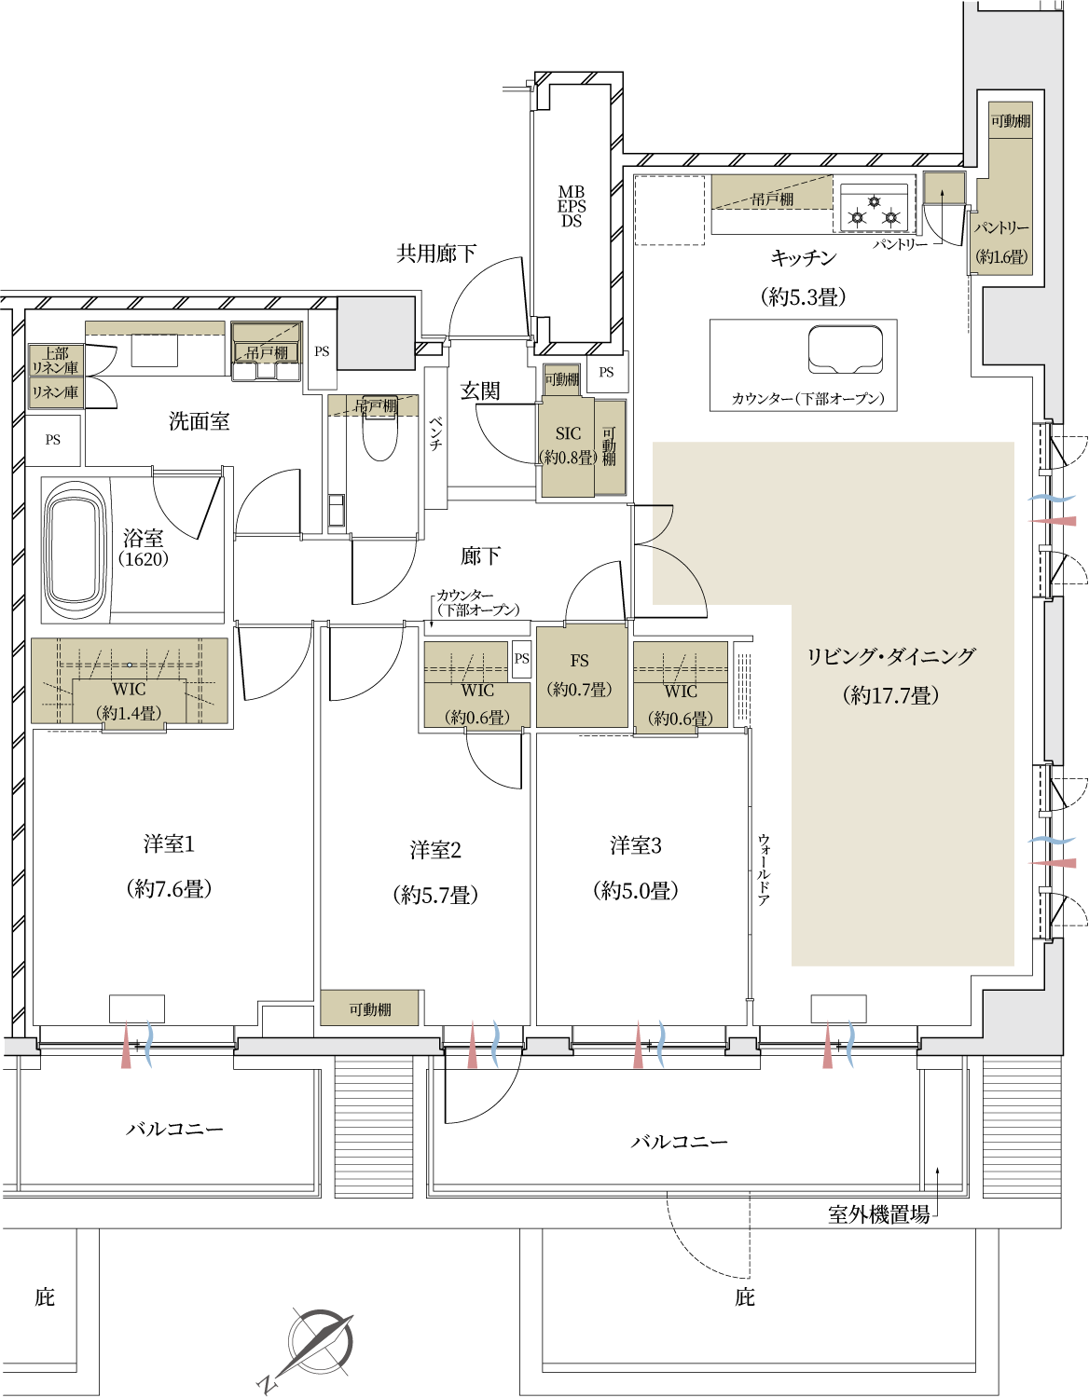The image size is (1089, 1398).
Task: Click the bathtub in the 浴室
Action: [x=76, y=550]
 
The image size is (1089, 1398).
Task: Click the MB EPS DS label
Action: [x=571, y=207]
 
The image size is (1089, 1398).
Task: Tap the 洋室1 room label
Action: [x=169, y=844]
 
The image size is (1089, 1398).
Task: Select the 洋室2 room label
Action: [x=435, y=850]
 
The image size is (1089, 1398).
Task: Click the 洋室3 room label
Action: [x=635, y=845]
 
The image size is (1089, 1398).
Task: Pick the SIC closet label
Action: [x=568, y=433]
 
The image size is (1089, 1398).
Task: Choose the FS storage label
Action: [x=579, y=660]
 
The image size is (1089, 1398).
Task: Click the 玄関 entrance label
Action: [x=479, y=390]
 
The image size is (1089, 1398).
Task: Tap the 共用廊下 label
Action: [x=435, y=254]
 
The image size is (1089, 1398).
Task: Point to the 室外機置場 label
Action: [x=878, y=1214]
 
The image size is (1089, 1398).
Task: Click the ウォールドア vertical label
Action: [x=764, y=870]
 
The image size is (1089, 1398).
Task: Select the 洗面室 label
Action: [x=199, y=421]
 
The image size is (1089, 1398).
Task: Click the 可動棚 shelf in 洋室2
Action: [x=369, y=1008]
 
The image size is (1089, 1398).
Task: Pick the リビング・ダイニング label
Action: [x=890, y=656]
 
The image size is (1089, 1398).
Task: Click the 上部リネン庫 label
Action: [x=55, y=361]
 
